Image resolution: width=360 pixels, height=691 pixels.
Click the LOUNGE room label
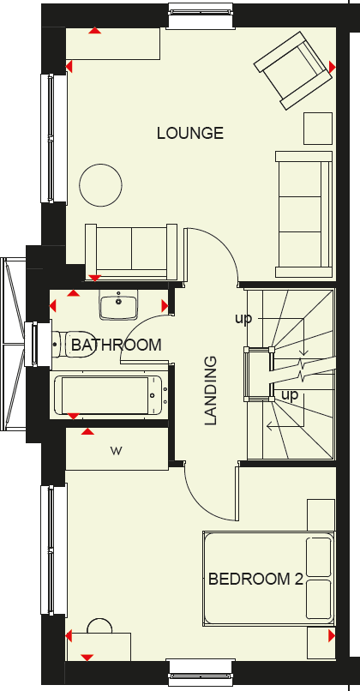pyautogui.click(x=189, y=133)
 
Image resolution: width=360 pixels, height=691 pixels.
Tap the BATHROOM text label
pyautogui.click(x=116, y=345)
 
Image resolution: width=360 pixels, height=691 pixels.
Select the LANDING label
pyautogui.click(x=211, y=391)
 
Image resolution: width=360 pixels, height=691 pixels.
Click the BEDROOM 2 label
pyautogui.click(x=255, y=579)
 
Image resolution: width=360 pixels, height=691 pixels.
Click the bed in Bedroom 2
pyautogui.click(x=267, y=579)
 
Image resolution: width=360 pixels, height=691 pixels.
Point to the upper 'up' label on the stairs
pyautogui.click(x=245, y=319)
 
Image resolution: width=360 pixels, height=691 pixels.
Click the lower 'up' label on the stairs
pyautogui.click(x=290, y=395)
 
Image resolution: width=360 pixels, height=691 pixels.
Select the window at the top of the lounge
pyautogui.click(x=201, y=16)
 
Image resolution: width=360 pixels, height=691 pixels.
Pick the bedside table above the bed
pyautogui.click(x=320, y=514)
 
